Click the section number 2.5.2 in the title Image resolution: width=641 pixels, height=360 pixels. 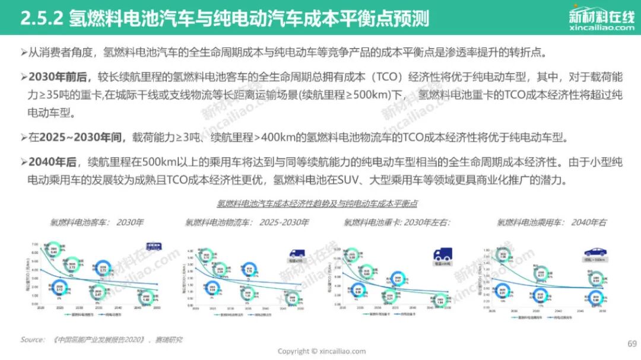[42, 18]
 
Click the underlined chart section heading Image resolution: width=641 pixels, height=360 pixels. [317, 203]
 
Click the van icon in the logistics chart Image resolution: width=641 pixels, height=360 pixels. [297, 251]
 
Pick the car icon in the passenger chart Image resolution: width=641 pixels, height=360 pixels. [595, 251]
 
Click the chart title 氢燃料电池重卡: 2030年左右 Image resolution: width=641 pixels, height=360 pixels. [397, 223]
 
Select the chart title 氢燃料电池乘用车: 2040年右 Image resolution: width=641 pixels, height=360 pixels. [551, 223]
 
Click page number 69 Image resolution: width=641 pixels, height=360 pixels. [632, 343]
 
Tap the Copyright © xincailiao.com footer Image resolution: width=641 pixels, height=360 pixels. [322, 351]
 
